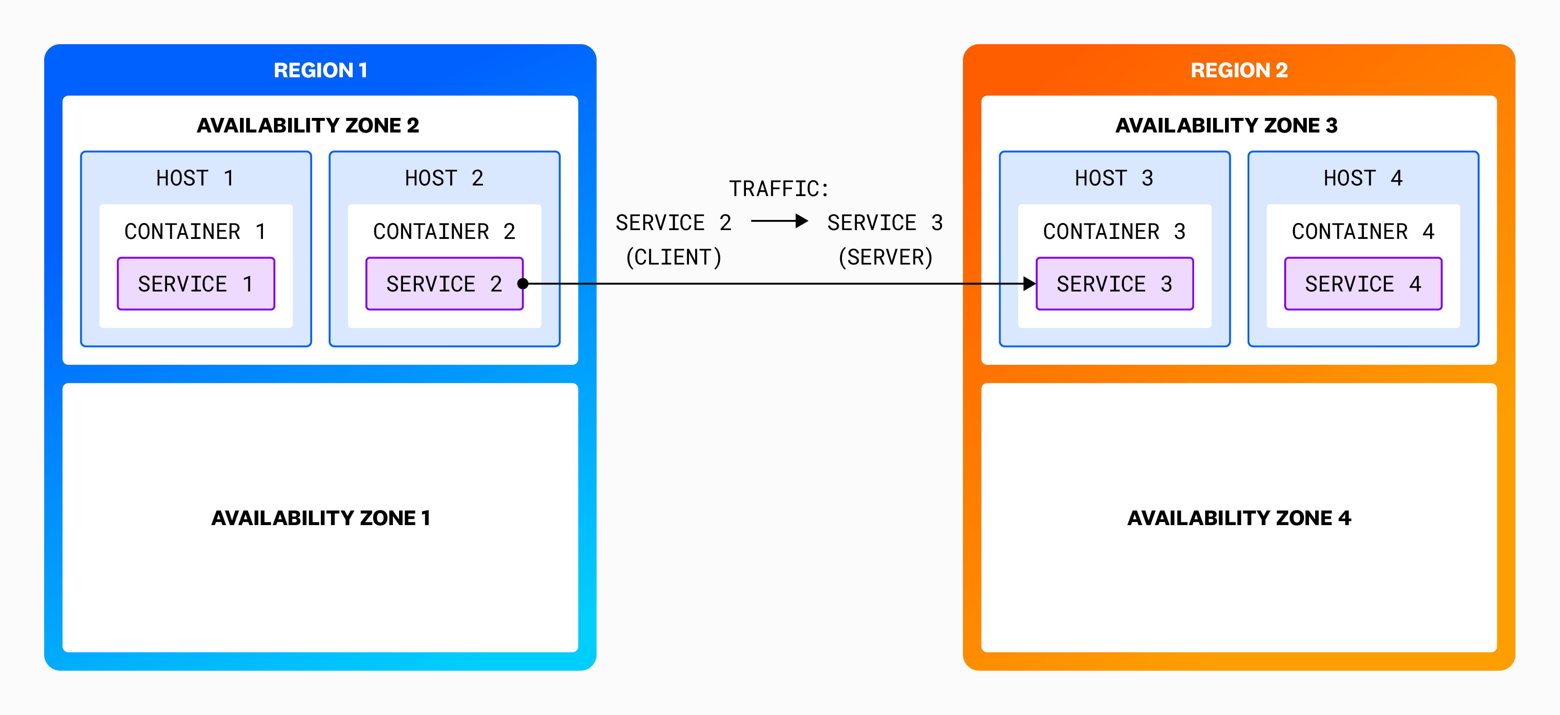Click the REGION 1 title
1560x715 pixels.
[320, 70]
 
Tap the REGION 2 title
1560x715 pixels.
[1238, 70]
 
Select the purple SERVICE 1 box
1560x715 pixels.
[196, 284]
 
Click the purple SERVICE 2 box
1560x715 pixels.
[444, 284]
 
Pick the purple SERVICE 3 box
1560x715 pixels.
[1114, 284]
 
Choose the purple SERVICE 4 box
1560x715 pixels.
[1362, 284]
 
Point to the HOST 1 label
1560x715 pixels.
[195, 178]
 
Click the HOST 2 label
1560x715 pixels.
[444, 178]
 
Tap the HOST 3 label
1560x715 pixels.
[1114, 178]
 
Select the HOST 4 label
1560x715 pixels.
[1362, 178]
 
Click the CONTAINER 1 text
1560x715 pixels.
[195, 231]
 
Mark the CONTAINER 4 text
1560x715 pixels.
[1362, 231]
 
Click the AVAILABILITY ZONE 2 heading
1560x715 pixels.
[308, 125]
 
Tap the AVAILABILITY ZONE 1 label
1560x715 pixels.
[320, 518]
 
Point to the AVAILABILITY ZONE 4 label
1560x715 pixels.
[1238, 518]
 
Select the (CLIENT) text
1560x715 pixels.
[673, 257]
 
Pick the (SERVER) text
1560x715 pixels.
[885, 257]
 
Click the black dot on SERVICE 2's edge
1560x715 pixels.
[523, 284]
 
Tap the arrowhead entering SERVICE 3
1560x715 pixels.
[1029, 284]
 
